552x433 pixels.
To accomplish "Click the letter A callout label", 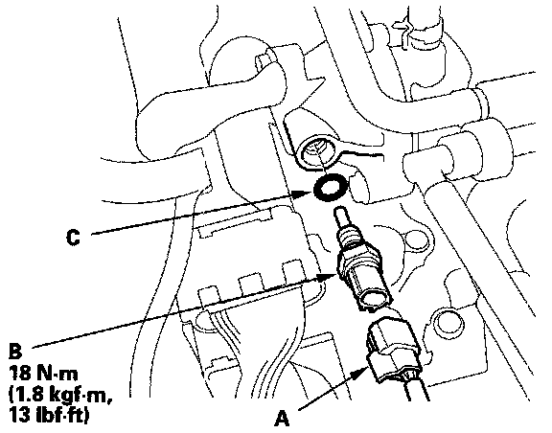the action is pos(282,419).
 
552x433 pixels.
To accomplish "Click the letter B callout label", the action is pos(15,351).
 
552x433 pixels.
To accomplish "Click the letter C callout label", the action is pos(73,238).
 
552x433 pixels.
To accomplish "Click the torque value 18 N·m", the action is pos(43,374).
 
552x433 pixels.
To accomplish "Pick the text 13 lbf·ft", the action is pos(49,415).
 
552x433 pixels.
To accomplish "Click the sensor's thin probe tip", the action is pos(341,217).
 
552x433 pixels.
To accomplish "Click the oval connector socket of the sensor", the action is pos(377,298).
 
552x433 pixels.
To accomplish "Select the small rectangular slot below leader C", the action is pos(235,222).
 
